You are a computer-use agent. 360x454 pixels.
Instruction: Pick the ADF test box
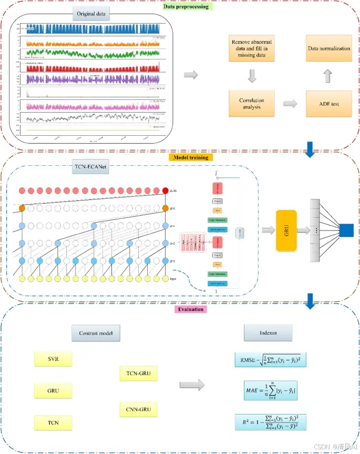click(x=328, y=104)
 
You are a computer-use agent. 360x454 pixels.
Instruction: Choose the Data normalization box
click(x=328, y=48)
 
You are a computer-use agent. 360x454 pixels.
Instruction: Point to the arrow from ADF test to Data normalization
click(x=328, y=76)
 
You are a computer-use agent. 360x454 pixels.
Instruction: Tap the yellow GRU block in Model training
click(x=286, y=230)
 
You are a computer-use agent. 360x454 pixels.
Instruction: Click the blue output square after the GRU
click(x=346, y=230)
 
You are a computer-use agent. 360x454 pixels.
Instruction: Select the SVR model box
click(x=52, y=360)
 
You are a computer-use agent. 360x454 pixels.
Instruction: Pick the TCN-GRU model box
click(x=139, y=374)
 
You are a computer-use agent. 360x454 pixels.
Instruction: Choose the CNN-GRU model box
click(x=139, y=409)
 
